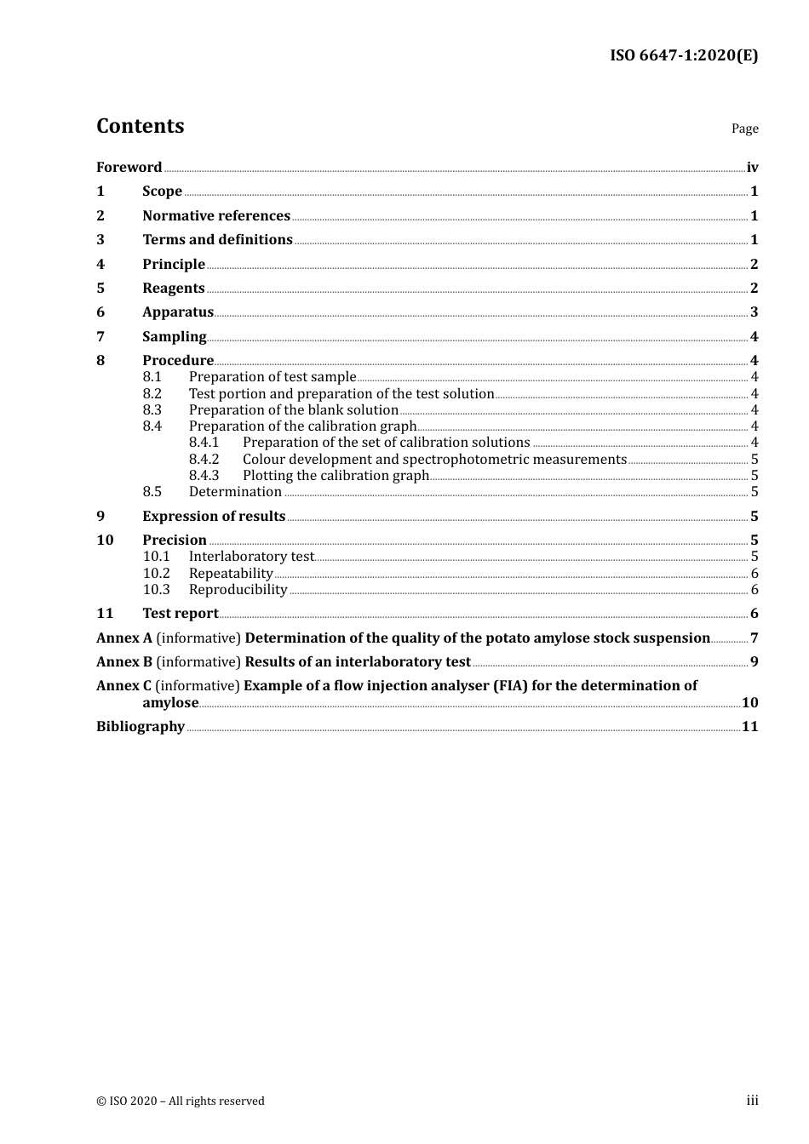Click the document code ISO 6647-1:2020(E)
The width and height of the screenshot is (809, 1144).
coord(683,56)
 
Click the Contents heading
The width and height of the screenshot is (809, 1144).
coord(140,126)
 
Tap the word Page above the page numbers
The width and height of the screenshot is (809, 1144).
coord(744,129)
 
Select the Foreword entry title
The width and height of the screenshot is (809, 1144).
coord(129,168)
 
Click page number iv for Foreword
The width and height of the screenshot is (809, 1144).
coord(752,168)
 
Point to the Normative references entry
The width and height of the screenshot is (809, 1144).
coord(216,216)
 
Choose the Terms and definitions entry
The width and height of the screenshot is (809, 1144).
coord(217,240)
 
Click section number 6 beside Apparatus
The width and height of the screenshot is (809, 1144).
coord(100,312)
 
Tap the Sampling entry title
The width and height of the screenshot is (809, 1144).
coord(174,337)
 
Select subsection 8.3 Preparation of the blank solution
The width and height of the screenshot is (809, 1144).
coord(293,410)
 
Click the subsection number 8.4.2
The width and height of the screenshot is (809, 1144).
coord(204,460)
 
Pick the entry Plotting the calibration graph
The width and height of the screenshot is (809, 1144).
coord(336,476)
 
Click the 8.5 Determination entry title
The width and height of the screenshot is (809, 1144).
coord(235,492)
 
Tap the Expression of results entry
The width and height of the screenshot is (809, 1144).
coord(214,517)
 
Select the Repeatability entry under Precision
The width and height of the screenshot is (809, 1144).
coord(231,574)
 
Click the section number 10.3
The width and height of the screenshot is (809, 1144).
coord(156,590)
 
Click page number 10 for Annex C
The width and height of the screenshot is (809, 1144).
coord(749,703)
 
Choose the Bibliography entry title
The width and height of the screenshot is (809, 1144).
coord(141,727)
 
